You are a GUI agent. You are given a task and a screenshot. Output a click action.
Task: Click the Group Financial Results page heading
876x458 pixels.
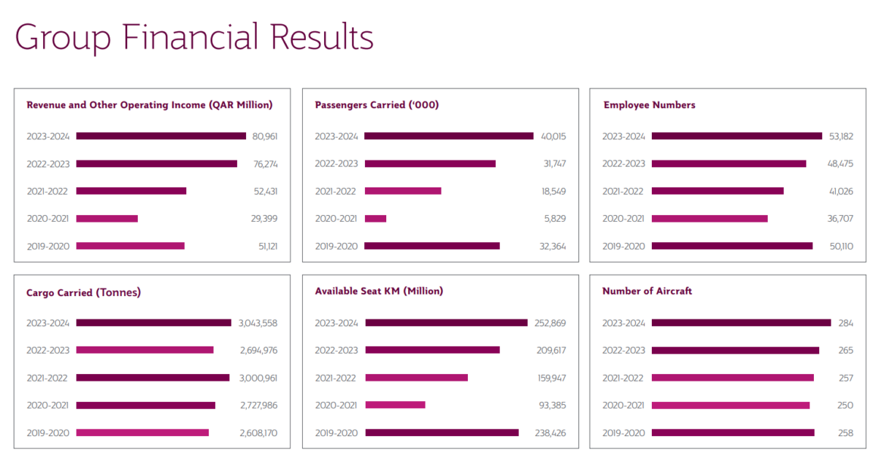(x=194, y=37)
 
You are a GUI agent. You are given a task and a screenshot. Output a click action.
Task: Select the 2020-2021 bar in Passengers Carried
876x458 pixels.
(x=375, y=218)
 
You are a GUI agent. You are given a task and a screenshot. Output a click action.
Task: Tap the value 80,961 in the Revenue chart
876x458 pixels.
(x=265, y=136)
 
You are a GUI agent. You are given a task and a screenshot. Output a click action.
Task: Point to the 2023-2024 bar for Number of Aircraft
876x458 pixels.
(x=741, y=322)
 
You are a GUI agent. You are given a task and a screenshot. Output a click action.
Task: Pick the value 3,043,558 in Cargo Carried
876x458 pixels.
(x=258, y=323)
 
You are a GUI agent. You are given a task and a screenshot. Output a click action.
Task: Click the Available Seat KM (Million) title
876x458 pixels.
(x=379, y=291)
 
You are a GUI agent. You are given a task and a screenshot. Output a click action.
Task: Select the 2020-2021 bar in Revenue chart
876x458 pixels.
(x=107, y=218)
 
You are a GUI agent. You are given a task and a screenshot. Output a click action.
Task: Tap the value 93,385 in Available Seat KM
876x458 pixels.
(x=551, y=405)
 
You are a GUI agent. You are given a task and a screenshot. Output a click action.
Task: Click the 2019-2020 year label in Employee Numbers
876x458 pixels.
(x=623, y=247)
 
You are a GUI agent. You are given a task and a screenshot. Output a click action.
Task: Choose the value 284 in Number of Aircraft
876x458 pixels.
(x=845, y=323)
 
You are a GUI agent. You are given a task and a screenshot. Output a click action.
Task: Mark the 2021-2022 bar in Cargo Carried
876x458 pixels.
(x=153, y=378)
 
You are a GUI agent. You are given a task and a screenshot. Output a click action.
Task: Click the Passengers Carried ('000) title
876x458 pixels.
(x=377, y=105)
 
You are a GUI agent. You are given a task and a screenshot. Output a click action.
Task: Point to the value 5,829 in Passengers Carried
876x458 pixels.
(x=553, y=218)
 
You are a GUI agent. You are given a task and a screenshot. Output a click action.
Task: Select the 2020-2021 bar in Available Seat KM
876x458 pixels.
(x=395, y=405)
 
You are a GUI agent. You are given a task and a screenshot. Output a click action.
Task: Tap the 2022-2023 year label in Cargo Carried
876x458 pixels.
(x=48, y=350)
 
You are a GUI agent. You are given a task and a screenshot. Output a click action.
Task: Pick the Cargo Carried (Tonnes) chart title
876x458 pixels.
(x=83, y=292)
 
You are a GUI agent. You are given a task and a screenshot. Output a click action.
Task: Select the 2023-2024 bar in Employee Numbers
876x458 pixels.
(x=737, y=136)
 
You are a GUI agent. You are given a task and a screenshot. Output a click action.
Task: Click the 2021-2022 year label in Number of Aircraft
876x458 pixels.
(x=623, y=378)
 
